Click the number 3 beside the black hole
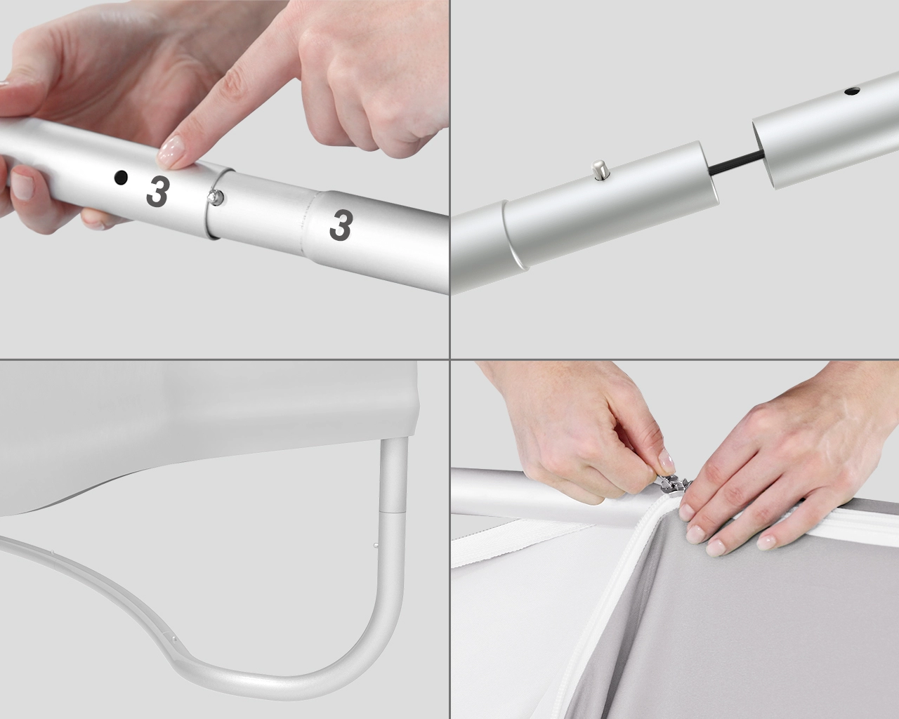point(158,192)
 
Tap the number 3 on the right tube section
point(341,225)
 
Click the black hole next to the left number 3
point(121,178)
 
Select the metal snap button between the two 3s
point(216,197)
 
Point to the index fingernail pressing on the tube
point(171,149)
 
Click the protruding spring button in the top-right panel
point(598,169)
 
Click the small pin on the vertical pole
point(376,545)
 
